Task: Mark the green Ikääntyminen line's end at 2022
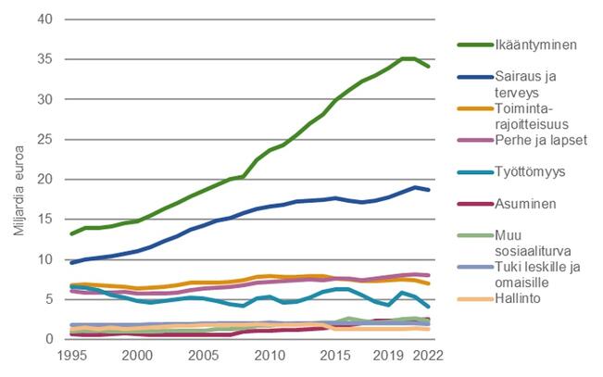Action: [427, 67]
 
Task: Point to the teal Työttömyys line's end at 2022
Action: [427, 307]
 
